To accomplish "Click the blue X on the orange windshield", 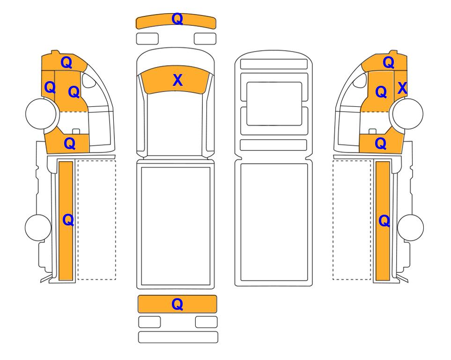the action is (x=177, y=80).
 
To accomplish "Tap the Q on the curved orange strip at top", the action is (x=177, y=19).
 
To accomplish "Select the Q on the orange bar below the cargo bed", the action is (x=177, y=304).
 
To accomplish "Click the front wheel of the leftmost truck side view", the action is (x=41, y=113).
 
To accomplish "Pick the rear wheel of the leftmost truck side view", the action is (x=38, y=227).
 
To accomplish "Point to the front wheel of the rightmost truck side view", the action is (x=408, y=113).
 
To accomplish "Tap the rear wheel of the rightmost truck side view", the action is (x=410, y=227).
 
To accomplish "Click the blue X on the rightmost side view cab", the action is (x=402, y=88).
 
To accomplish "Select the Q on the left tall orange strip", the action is (x=68, y=220).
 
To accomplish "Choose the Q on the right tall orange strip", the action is (x=384, y=221).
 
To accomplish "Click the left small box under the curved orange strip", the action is (x=147, y=38).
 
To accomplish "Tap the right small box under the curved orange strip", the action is (x=205, y=38).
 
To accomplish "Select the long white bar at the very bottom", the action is (x=178, y=337).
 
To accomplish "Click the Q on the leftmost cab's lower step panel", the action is (x=70, y=143).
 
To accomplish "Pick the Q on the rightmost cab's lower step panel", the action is (x=381, y=143).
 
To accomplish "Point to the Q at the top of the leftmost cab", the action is (x=67, y=62).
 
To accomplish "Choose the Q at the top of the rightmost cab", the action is (x=389, y=62).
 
